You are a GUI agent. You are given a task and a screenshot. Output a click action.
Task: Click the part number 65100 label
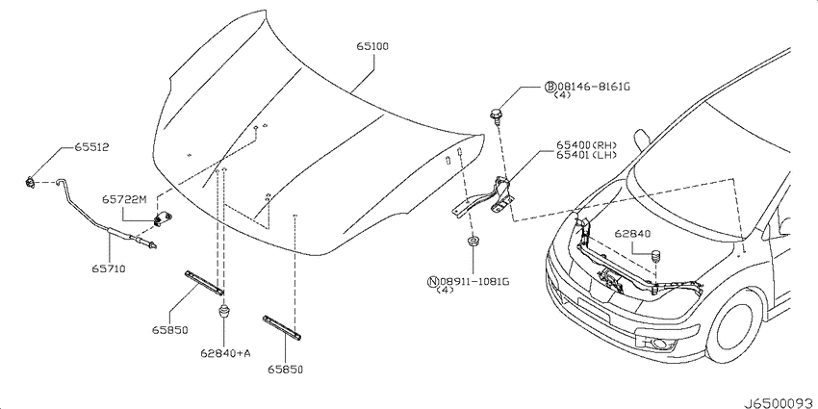click(372, 47)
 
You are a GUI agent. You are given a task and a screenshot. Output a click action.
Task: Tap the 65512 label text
click(91, 147)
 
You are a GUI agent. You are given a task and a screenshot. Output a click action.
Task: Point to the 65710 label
click(109, 268)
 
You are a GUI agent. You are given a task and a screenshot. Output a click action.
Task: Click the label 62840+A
click(225, 353)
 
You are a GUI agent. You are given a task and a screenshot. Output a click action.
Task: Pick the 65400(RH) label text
click(587, 145)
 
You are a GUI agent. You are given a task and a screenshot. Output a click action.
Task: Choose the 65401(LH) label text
click(587, 154)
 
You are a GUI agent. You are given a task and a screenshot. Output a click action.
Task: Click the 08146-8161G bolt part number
click(594, 87)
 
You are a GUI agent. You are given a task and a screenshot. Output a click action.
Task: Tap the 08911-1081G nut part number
click(473, 282)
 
